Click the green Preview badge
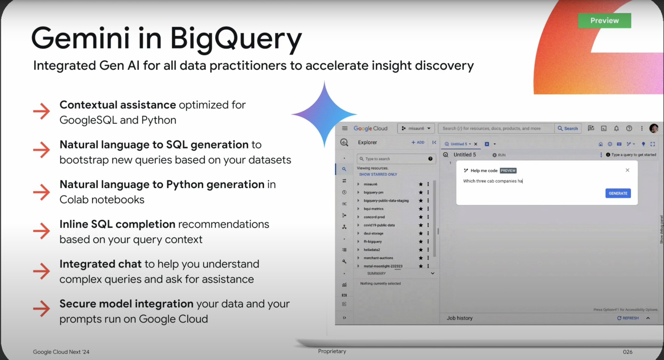point(604,20)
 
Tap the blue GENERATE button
point(618,193)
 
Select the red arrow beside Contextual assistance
point(42,111)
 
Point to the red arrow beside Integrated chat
point(42,271)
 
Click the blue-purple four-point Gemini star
point(324,114)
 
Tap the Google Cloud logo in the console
point(371,128)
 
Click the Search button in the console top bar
point(568,128)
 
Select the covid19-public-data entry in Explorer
point(379,225)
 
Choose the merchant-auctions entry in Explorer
point(378,258)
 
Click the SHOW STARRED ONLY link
point(378,174)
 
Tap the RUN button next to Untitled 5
point(499,155)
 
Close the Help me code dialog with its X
point(627,170)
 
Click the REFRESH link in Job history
point(628,318)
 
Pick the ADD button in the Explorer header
point(418,142)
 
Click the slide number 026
point(627,352)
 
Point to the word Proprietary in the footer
point(332,351)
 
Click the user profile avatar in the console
point(654,128)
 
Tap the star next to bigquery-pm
point(421,192)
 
